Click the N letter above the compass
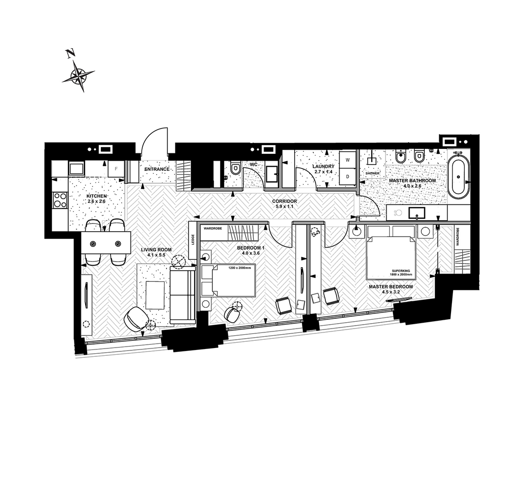pos(70,54)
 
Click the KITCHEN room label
pos(96,196)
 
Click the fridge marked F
pos(116,169)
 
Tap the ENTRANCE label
pos(157,169)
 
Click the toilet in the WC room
pos(235,167)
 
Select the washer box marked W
pos(348,160)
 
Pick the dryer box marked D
pos(348,176)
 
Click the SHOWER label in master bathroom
pos(373,173)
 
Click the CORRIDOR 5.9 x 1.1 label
pos(284,204)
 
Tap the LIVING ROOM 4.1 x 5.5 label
pos(156,252)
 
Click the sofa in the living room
pos(183,295)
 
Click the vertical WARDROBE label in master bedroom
pos(458,236)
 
